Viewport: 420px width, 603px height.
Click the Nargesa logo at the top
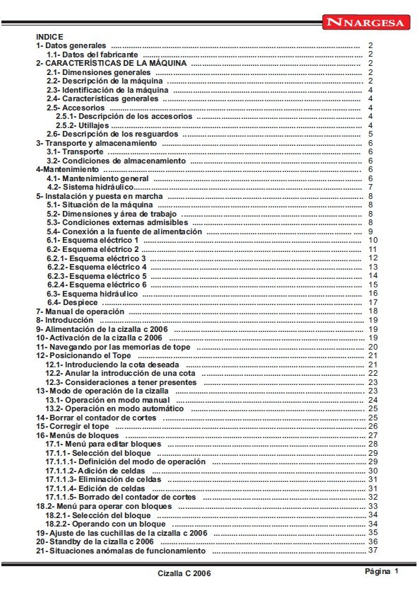point(366,23)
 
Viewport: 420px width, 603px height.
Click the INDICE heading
point(49,36)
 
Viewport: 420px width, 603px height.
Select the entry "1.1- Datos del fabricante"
point(93,54)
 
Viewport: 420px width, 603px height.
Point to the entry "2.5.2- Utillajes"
point(82,125)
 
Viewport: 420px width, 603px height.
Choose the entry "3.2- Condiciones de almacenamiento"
point(116,161)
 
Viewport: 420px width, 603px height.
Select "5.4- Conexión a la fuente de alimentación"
point(124,231)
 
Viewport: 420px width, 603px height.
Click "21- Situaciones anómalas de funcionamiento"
point(121,551)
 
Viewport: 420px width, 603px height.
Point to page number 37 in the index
point(373,551)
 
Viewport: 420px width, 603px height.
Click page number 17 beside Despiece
point(373,302)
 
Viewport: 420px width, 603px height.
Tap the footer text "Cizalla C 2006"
point(184,573)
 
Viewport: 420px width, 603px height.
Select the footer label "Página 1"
point(383,571)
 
